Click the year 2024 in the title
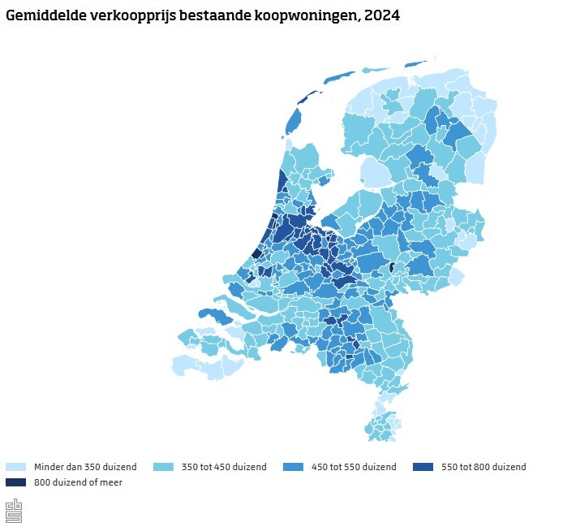pos(382,15)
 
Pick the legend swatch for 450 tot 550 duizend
pos(294,467)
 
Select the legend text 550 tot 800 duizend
pos(483,467)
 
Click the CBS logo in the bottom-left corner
pos(14,512)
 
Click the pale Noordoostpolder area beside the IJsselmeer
pos(374,173)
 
